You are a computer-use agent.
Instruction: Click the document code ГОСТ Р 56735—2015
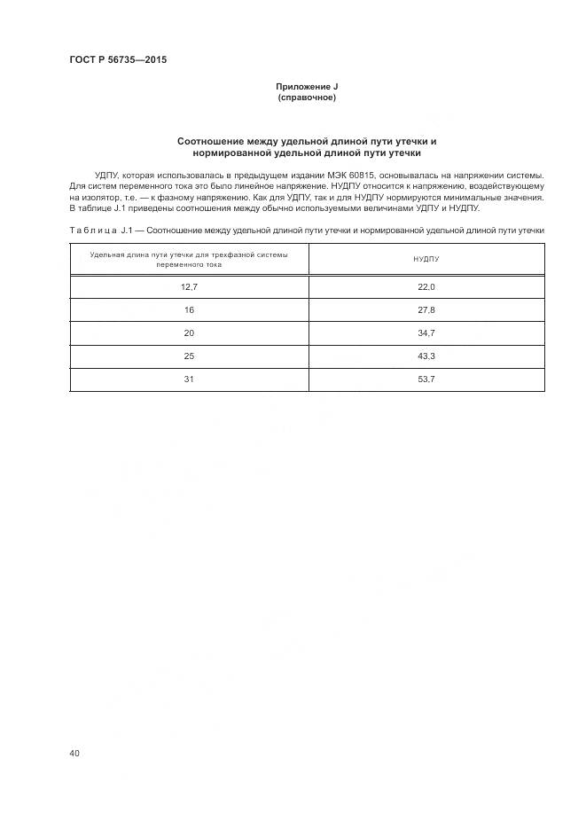click(118, 60)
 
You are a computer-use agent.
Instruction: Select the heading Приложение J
click(307, 86)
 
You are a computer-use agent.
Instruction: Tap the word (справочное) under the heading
click(307, 98)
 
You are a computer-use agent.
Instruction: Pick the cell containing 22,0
click(426, 287)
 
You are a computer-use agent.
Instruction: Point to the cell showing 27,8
click(426, 310)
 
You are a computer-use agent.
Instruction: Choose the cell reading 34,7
click(426, 333)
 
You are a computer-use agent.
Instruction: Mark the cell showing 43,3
click(426, 356)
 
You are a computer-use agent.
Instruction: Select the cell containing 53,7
click(426, 379)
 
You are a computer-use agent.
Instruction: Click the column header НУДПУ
click(426, 260)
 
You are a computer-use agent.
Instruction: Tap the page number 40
click(74, 753)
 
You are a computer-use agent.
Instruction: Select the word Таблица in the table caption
click(91, 231)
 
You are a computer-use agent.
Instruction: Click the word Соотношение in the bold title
click(216, 141)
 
